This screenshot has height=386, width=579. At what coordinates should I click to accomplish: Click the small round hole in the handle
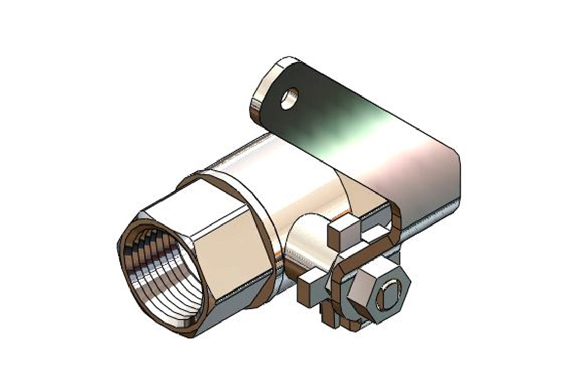pyautogui.click(x=289, y=99)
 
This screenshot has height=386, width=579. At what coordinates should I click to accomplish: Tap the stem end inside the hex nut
pyautogui.click(x=389, y=296)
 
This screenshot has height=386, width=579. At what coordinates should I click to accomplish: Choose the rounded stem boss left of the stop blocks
pyautogui.click(x=305, y=244)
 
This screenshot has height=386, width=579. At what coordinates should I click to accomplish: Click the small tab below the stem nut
pyautogui.click(x=330, y=317)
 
